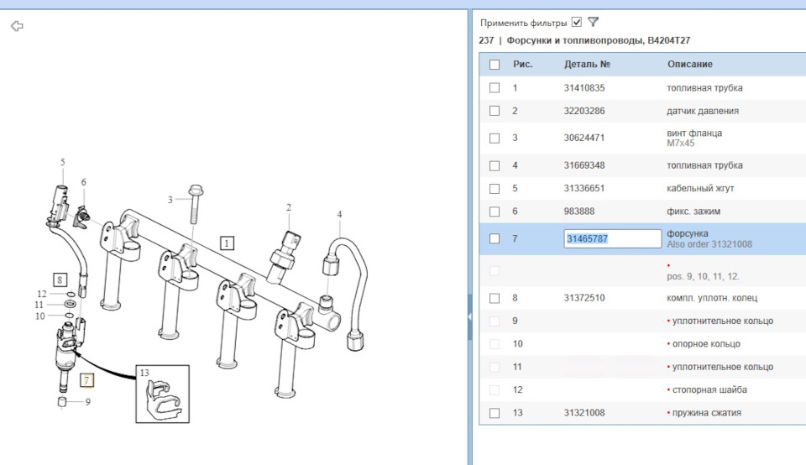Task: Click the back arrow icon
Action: pos(17,26)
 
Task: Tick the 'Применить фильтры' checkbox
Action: pos(577,22)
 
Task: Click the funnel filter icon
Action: pos(594,22)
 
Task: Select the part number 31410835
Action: pos(584,88)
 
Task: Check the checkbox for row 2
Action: pos(495,111)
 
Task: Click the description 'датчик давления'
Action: pos(703,111)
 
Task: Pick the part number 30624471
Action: pos(584,138)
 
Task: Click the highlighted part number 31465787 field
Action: pos(612,238)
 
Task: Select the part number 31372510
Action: pos(584,298)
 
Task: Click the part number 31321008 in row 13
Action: pos(584,413)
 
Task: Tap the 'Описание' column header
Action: pos(690,65)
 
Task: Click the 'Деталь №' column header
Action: pos(587,65)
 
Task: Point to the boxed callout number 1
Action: pos(227,243)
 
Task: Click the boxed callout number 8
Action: pos(60,280)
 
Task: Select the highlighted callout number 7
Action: pos(86,380)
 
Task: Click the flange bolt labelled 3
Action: pos(195,204)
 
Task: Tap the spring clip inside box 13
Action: pos(162,397)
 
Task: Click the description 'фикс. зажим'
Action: pos(693,212)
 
